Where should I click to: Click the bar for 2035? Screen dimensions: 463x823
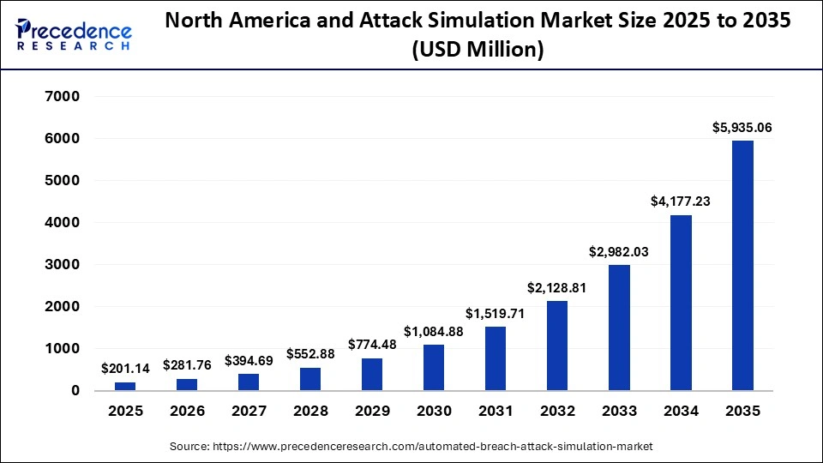point(742,266)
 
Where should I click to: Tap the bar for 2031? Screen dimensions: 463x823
point(496,358)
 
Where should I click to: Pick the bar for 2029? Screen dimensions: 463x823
point(372,374)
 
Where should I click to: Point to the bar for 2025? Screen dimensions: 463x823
point(125,386)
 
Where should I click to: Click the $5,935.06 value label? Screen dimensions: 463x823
point(742,128)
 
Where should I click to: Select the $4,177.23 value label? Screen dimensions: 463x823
point(681,201)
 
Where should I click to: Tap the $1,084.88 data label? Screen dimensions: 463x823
point(434,331)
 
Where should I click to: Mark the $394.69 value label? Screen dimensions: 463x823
point(249,360)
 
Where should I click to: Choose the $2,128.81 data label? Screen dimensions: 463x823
point(557,287)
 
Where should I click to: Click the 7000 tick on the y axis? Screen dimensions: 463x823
point(63,97)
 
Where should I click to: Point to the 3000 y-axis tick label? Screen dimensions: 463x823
point(63,265)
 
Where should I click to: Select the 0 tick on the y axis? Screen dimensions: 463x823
point(75,391)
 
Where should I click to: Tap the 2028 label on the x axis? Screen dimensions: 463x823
point(310,412)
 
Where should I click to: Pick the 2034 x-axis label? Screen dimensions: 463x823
point(681,412)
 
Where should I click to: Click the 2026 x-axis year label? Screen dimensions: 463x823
point(187,412)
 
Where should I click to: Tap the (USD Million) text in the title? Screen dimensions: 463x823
point(478,50)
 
